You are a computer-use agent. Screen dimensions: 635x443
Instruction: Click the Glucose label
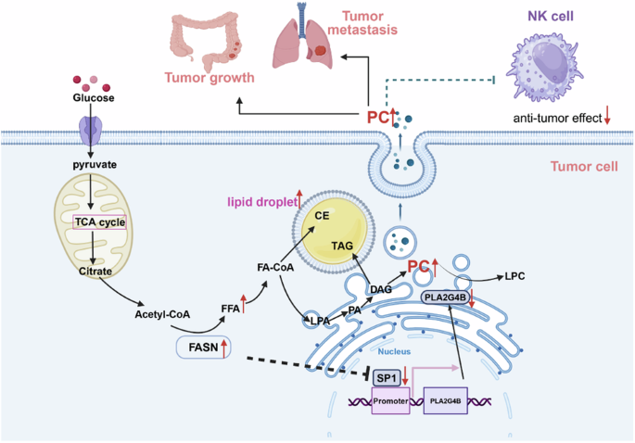(x=94, y=97)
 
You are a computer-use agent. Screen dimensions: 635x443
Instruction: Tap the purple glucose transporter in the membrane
(x=91, y=131)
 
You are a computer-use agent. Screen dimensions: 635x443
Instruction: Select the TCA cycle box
(x=99, y=222)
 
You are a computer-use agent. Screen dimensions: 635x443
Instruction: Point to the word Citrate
(x=95, y=271)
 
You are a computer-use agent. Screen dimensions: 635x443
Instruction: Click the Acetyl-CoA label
(x=162, y=314)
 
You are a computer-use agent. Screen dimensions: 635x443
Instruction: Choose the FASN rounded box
(x=204, y=348)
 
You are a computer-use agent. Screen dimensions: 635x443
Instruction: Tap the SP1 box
(x=387, y=378)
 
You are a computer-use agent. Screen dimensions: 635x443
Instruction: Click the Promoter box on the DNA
(x=391, y=400)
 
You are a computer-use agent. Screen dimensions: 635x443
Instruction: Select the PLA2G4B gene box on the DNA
(x=446, y=400)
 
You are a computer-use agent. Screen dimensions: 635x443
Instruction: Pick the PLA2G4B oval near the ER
(x=445, y=298)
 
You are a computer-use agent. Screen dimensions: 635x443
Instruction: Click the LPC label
(x=514, y=276)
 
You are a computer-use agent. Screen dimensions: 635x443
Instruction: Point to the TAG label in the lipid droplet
(x=342, y=246)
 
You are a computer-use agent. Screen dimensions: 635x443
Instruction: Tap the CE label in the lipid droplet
(x=322, y=215)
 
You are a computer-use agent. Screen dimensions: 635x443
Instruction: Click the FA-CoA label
(x=275, y=267)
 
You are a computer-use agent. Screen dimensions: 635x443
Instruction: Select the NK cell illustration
(x=545, y=68)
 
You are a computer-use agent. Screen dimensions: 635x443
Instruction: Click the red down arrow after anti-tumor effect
(x=607, y=115)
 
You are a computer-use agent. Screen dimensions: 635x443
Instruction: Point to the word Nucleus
(x=394, y=351)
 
